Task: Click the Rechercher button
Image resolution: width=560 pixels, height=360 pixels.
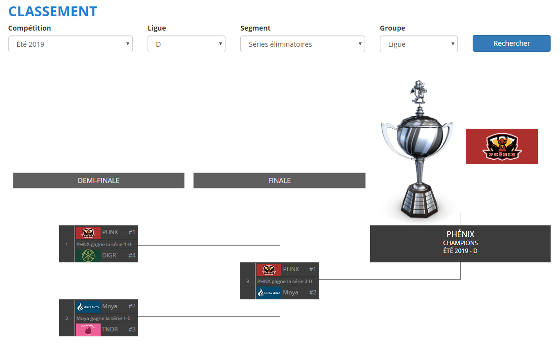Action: coord(511,43)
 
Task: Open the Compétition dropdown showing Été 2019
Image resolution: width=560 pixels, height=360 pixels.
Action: coord(70,44)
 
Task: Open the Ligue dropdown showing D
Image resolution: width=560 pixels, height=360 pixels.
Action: coord(186,44)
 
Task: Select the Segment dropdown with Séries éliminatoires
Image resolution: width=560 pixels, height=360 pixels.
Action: coord(302,44)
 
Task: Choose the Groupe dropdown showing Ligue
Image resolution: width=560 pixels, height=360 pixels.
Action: coord(418,44)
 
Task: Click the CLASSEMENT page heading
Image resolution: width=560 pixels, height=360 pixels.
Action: coord(53,11)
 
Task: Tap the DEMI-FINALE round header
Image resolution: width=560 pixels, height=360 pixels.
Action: coord(98,180)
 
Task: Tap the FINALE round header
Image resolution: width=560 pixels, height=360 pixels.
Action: coord(279,180)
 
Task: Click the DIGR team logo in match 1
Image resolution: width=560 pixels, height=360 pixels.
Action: coord(88,255)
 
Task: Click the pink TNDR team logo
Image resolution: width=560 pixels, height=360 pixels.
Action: coord(88,329)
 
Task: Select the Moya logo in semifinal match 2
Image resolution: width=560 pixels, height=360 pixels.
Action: coord(88,306)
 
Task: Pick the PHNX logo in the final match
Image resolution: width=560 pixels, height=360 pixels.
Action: coord(268,269)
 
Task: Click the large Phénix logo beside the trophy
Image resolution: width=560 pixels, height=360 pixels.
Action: coord(502,146)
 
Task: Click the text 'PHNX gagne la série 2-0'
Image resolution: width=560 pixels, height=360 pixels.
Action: coord(284,281)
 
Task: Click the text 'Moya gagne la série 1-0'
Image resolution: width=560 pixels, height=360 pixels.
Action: coord(104,318)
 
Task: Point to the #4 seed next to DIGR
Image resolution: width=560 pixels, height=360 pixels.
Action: coord(132,255)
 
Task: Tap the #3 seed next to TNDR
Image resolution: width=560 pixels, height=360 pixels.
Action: coord(132,329)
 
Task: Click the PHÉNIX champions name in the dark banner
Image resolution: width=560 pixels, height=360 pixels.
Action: coord(460,234)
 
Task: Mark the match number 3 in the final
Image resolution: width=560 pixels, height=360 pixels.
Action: coord(248,281)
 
